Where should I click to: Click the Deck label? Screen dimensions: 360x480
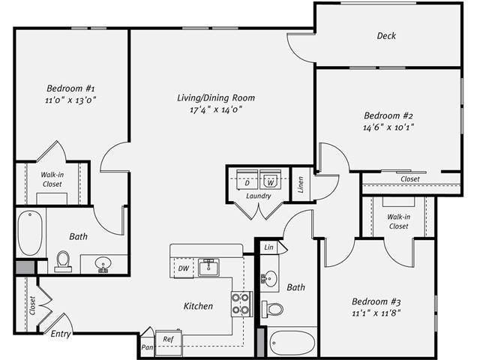[x=386, y=36]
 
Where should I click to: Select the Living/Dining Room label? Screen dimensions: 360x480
[x=216, y=97]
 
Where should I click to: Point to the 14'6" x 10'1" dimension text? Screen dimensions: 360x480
[x=389, y=127]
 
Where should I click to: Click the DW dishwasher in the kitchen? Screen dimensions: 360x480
[x=183, y=268]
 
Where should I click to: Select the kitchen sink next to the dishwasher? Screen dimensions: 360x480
[x=211, y=268]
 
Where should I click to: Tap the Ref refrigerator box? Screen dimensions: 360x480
[x=169, y=339]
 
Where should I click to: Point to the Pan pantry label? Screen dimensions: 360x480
[x=148, y=346]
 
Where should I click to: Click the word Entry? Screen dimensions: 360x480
[x=61, y=334]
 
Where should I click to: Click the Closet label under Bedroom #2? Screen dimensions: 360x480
[x=409, y=179]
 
